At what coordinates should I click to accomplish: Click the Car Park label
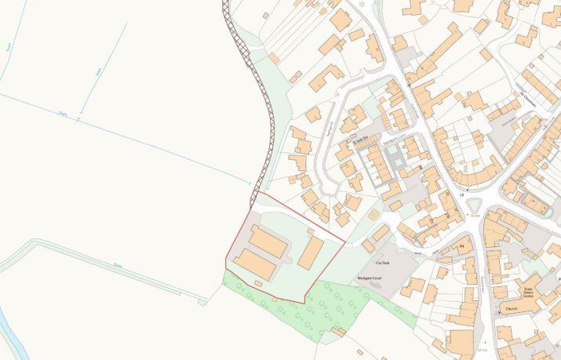click(x=384, y=263)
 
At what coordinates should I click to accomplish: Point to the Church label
click(x=511, y=308)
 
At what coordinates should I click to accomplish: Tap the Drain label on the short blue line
click(x=98, y=71)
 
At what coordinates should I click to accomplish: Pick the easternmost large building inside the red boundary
click(x=311, y=253)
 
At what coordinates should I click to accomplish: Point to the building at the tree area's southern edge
click(x=338, y=332)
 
